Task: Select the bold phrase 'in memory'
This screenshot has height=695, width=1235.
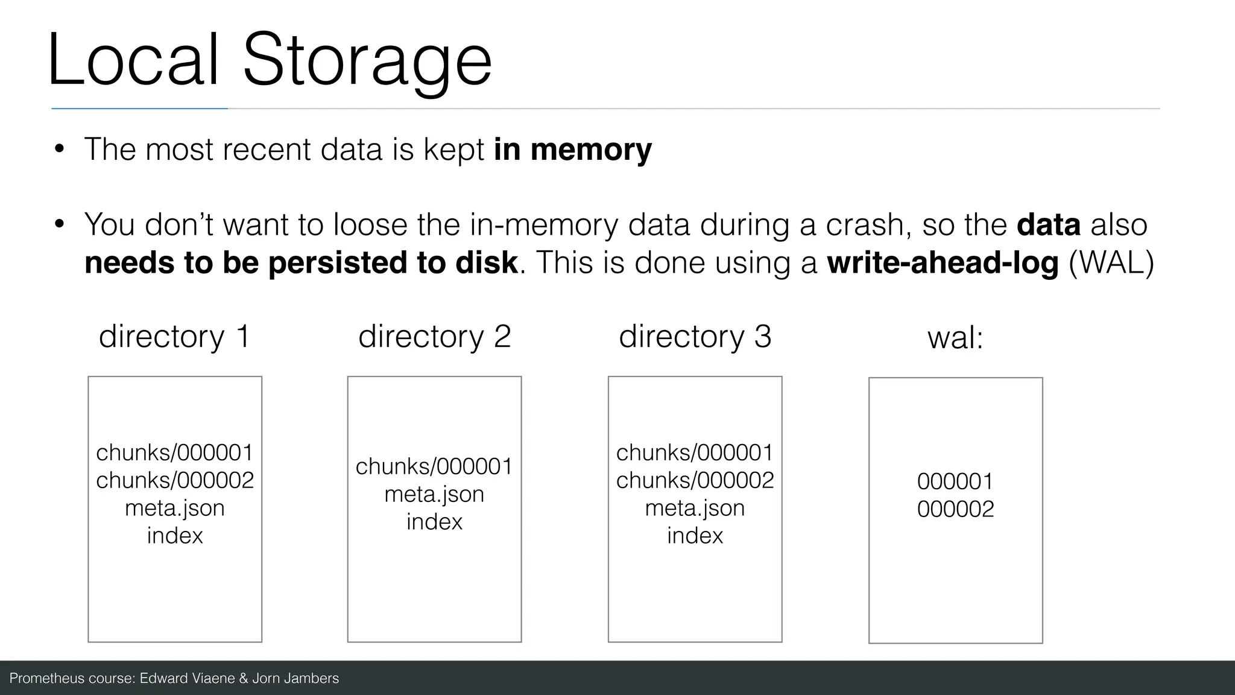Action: pyautogui.click(x=572, y=149)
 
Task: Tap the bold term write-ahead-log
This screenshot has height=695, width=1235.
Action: pyautogui.click(x=942, y=262)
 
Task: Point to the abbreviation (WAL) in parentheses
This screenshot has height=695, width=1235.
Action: pyautogui.click(x=1111, y=262)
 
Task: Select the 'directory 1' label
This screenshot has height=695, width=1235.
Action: pyautogui.click(x=174, y=336)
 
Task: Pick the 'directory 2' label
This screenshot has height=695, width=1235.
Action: pyautogui.click(x=434, y=336)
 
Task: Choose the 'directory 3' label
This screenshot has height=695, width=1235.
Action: pyautogui.click(x=695, y=336)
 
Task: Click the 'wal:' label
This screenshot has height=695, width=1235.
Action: pyautogui.click(x=955, y=337)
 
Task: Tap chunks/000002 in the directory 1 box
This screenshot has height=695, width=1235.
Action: pyautogui.click(x=175, y=480)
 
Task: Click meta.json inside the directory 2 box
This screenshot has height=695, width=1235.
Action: pyautogui.click(x=434, y=494)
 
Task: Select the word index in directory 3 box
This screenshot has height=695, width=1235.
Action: pyautogui.click(x=695, y=536)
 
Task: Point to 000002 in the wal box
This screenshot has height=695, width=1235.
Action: pyautogui.click(x=955, y=509)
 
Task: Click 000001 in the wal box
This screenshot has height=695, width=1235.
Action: pyautogui.click(x=955, y=481)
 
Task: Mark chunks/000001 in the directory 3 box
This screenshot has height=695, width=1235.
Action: pyautogui.click(x=695, y=452)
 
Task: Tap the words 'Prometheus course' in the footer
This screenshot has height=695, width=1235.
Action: pyautogui.click(x=71, y=678)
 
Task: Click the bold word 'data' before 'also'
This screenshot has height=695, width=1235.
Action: pyautogui.click(x=1048, y=224)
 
